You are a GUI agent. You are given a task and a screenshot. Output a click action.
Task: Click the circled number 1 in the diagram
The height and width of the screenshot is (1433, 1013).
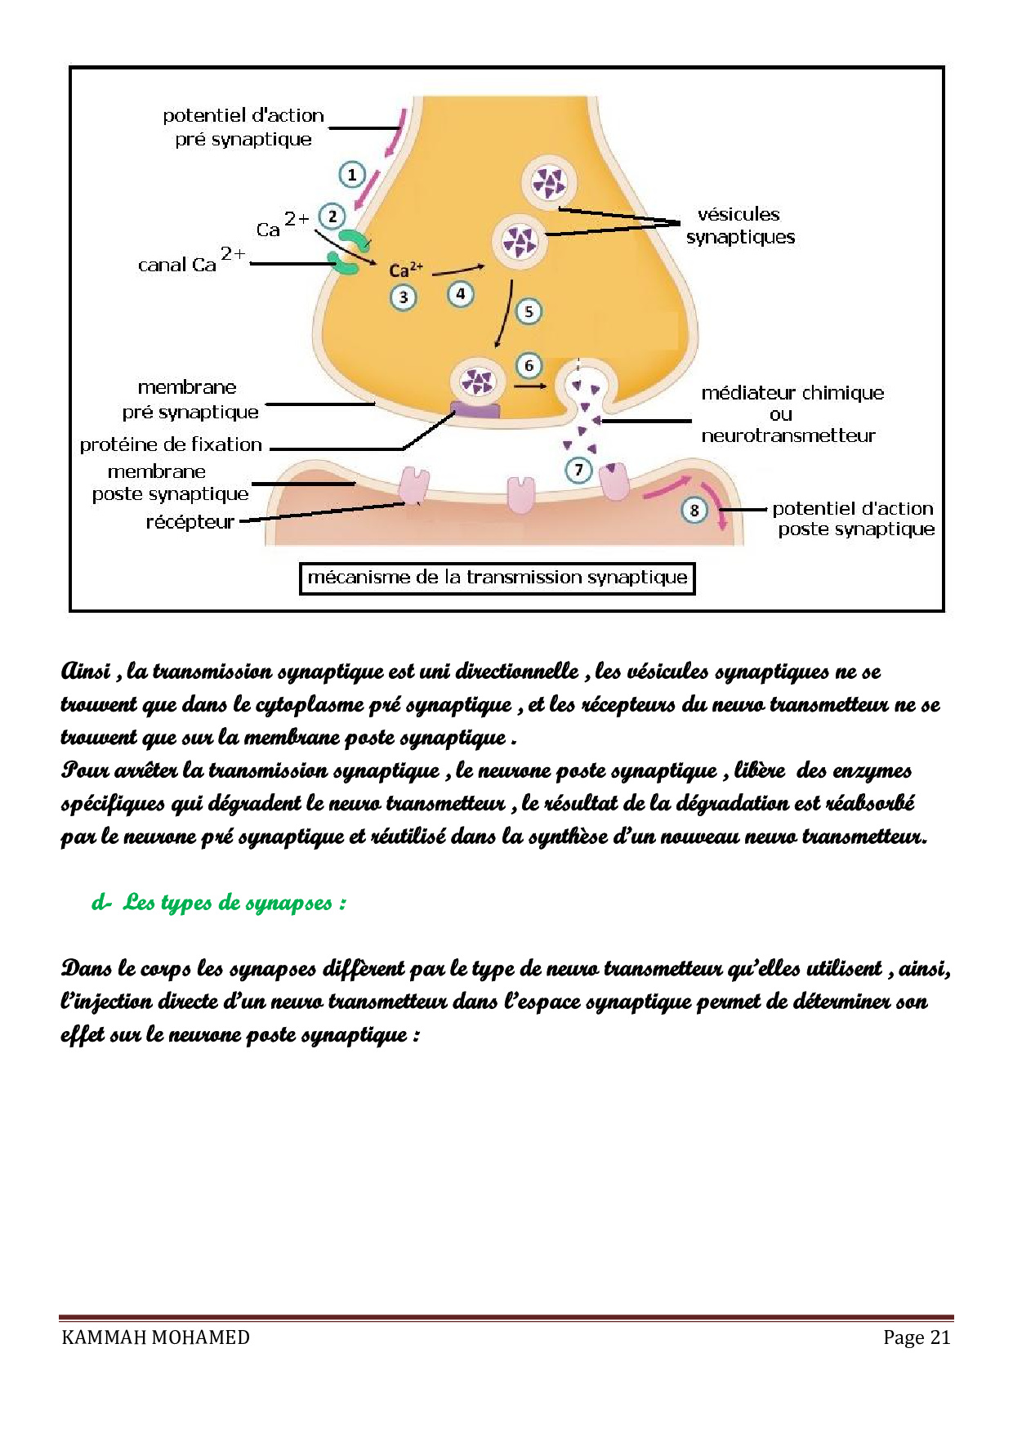pyautogui.click(x=352, y=174)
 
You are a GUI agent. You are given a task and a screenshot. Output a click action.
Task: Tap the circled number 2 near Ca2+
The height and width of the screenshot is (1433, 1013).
pyautogui.click(x=332, y=217)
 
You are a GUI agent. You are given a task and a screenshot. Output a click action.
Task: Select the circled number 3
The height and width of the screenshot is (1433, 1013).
pyautogui.click(x=403, y=297)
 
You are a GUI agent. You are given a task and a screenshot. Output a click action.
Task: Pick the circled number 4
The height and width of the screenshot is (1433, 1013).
pyautogui.click(x=461, y=293)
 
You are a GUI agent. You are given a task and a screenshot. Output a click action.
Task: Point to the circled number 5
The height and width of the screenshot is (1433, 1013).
pyautogui.click(x=529, y=311)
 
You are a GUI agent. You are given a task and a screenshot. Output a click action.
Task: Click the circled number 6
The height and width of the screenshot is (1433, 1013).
pyautogui.click(x=529, y=365)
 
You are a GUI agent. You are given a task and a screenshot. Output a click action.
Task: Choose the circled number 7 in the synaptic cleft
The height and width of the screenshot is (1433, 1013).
pyautogui.click(x=579, y=470)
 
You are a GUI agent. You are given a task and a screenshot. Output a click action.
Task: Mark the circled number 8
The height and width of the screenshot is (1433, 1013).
pyautogui.click(x=694, y=510)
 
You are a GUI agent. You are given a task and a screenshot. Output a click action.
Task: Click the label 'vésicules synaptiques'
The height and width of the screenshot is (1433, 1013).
pyautogui.click(x=740, y=225)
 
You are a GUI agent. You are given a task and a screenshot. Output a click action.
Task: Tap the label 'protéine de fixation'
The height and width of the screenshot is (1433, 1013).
pyautogui.click(x=171, y=444)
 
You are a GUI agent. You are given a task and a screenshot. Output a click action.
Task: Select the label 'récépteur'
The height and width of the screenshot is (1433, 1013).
pyautogui.click(x=190, y=522)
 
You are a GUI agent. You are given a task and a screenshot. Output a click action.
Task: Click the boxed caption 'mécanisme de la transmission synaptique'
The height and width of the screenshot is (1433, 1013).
pyautogui.click(x=497, y=578)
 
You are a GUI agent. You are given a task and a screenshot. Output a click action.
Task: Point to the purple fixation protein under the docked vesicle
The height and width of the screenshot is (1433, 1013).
pyautogui.click(x=475, y=408)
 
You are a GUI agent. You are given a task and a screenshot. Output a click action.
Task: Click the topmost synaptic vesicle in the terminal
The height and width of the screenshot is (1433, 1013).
pyautogui.click(x=549, y=183)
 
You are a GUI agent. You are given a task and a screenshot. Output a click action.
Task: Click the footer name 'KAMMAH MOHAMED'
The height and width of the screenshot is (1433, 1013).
pyautogui.click(x=155, y=1337)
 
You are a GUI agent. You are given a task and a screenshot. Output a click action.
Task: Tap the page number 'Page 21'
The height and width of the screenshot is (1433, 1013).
pyautogui.click(x=917, y=1337)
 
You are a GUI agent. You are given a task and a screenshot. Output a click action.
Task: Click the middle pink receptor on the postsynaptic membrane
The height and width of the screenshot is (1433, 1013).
pyautogui.click(x=520, y=494)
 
